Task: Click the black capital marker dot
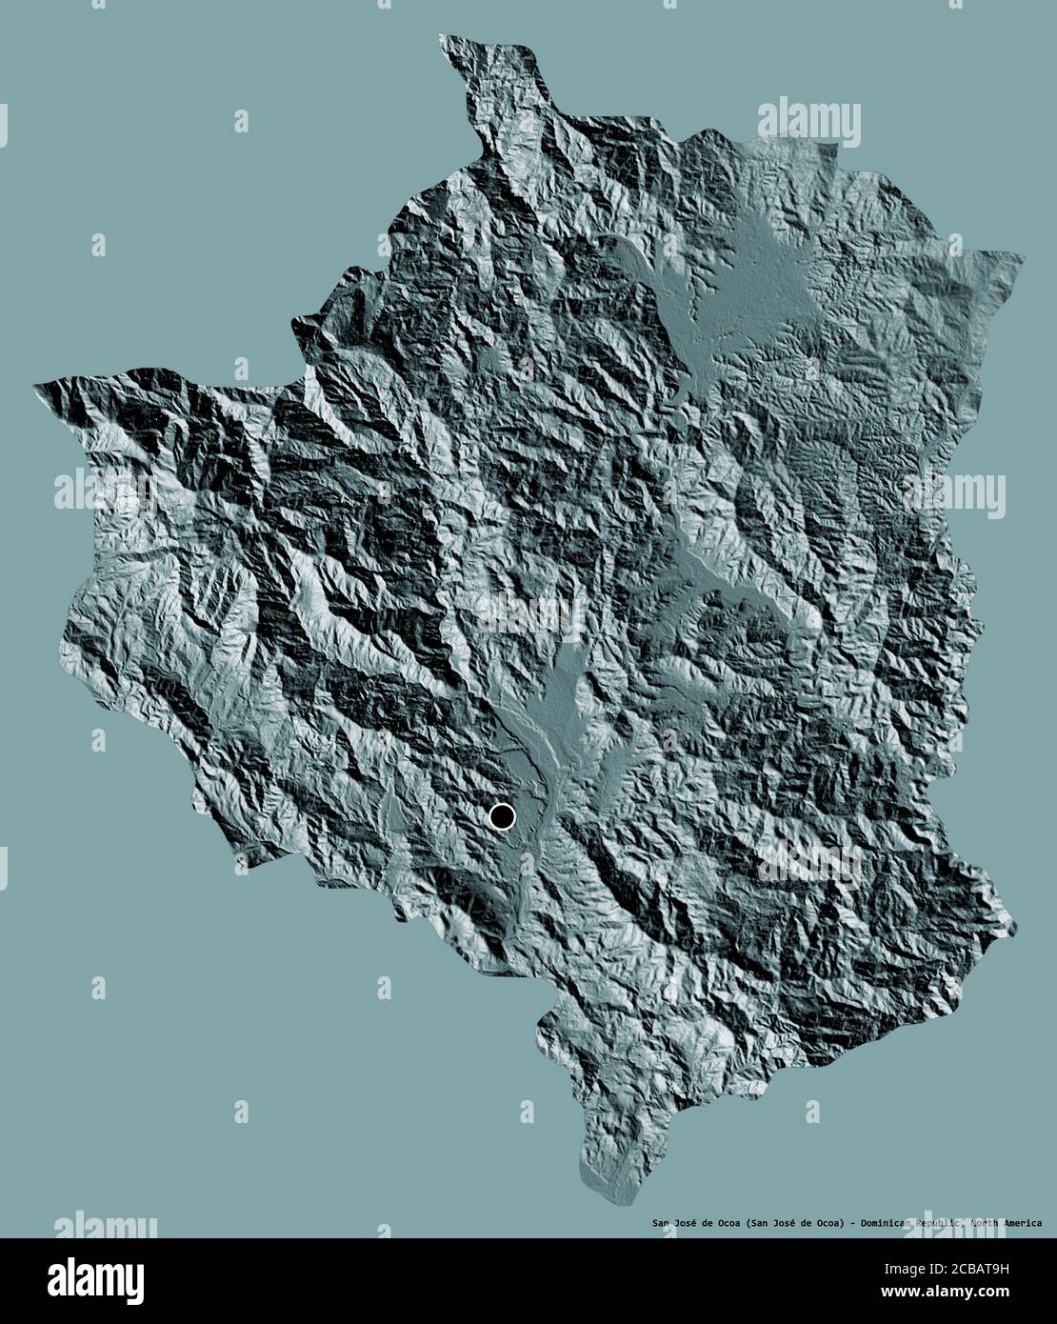tap(501, 816)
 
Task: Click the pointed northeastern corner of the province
tap(1020, 255)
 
